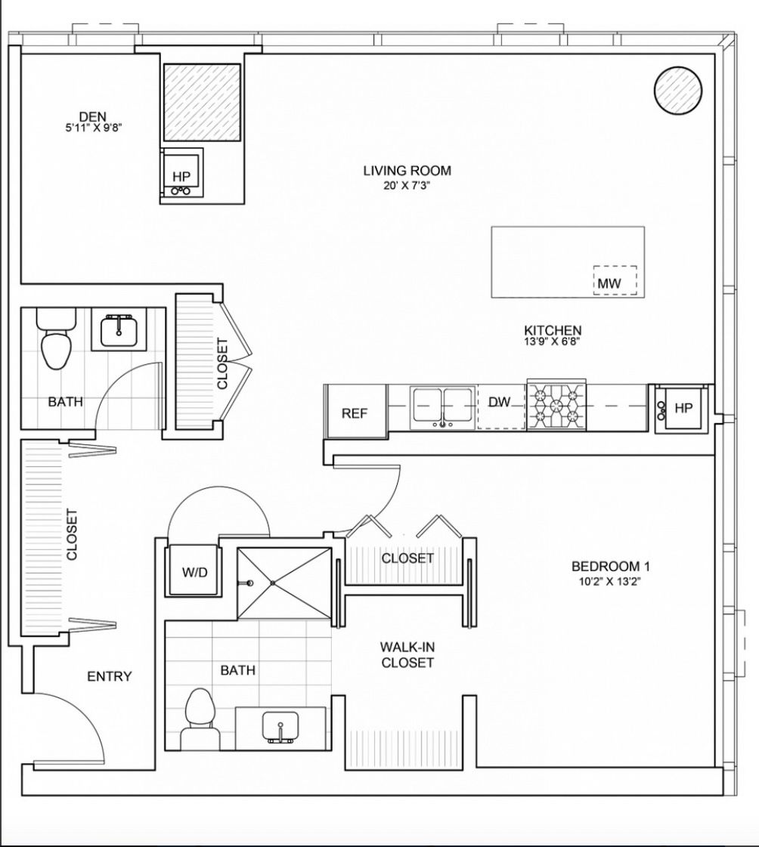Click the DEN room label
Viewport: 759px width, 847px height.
[x=93, y=116]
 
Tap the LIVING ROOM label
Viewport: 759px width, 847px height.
[x=407, y=171]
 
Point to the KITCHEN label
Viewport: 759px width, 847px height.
[x=553, y=330]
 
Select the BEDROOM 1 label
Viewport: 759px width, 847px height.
[x=610, y=566]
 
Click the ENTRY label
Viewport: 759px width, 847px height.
[x=109, y=676]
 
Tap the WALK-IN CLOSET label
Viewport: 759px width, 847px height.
[x=407, y=654]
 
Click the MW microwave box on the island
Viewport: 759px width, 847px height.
[x=615, y=280]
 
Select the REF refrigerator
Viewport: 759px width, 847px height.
[x=355, y=410]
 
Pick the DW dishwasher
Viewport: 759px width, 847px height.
[x=500, y=407]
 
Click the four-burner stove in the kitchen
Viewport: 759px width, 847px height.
[x=557, y=405]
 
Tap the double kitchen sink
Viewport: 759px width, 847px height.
[x=443, y=407]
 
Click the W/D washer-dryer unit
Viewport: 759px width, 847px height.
[x=194, y=570]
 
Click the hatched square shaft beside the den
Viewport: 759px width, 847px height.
[x=202, y=102]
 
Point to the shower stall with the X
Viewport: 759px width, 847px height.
[x=284, y=583]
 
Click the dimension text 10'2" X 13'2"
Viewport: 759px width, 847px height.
[x=611, y=582]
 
